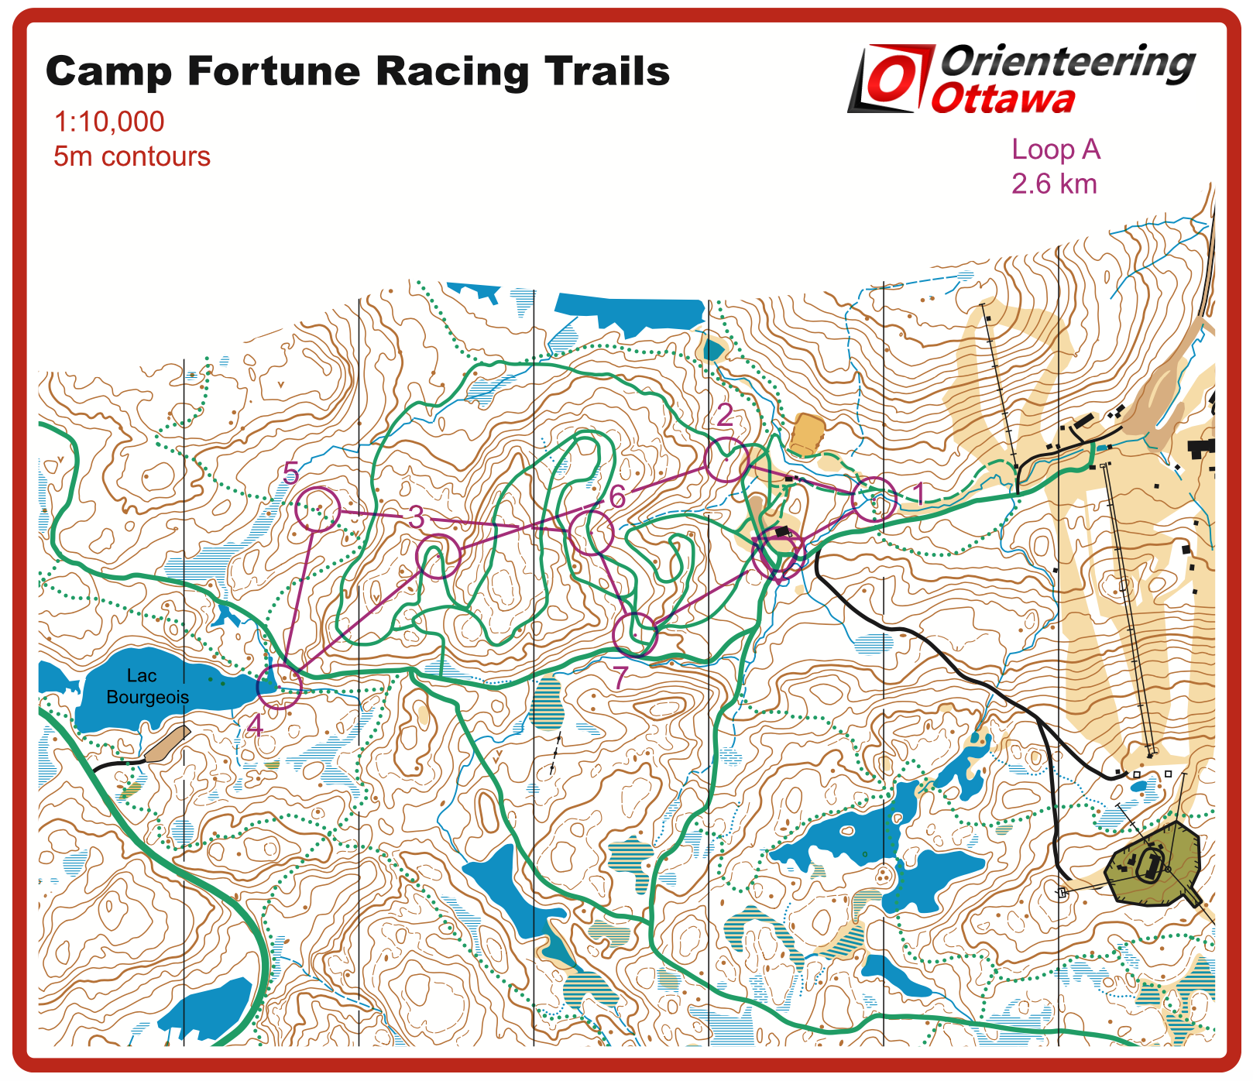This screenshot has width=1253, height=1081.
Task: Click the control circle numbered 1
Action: click(874, 499)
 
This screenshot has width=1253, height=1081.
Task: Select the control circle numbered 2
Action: click(726, 460)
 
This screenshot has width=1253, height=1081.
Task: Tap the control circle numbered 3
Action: click(438, 556)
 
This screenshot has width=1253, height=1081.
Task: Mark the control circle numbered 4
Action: click(279, 686)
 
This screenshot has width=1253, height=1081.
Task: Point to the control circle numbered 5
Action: click(318, 509)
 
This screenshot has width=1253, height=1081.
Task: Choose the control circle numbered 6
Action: click(592, 533)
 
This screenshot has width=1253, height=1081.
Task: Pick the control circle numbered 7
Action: click(635, 634)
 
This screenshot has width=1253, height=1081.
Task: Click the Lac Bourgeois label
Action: click(146, 687)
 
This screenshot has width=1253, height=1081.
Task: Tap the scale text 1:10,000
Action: click(109, 122)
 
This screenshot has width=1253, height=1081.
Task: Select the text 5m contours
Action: click(132, 156)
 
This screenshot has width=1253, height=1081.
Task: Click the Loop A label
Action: click(1056, 149)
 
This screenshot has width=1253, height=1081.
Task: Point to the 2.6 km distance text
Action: click(1054, 184)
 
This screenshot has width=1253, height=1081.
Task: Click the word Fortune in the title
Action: click(274, 71)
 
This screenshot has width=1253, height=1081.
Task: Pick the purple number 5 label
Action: click(291, 473)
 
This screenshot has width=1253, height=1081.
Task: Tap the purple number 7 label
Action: click(620, 678)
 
